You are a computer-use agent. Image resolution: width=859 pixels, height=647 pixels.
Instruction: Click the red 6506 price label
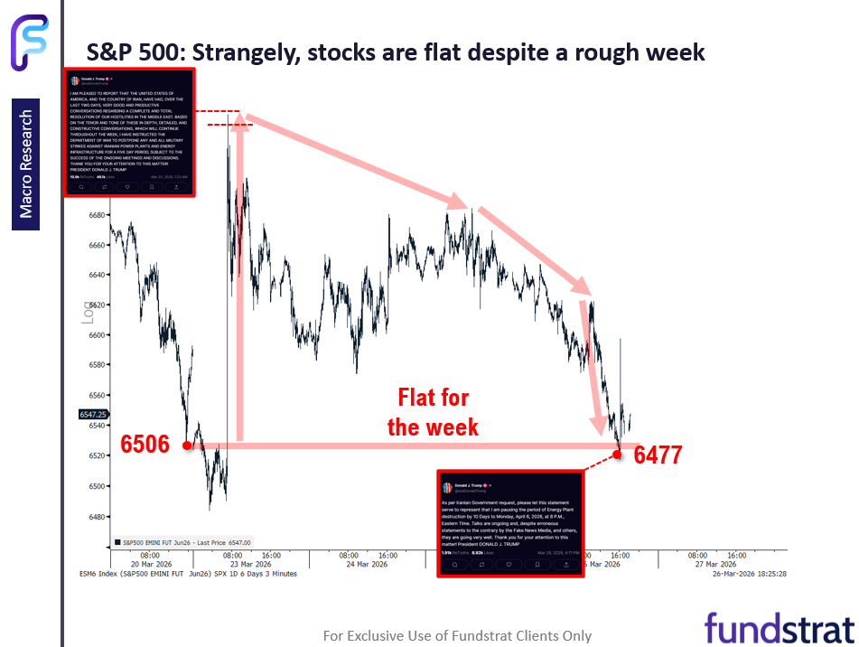[x=145, y=445]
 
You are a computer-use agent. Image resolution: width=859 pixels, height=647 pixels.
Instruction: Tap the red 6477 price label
[x=658, y=455]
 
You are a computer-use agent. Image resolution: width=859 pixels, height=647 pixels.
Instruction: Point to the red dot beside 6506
[x=186, y=445]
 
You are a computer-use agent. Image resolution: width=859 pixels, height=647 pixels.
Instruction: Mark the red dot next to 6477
[x=618, y=454]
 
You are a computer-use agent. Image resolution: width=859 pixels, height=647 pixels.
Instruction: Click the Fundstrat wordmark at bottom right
[x=779, y=627]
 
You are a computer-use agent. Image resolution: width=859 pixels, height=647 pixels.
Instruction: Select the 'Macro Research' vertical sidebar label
[x=26, y=164]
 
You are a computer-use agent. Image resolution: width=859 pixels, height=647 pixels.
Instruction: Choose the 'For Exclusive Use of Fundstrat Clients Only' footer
[x=457, y=636]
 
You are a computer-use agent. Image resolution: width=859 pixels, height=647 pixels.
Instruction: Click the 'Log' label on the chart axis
[x=88, y=313]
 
